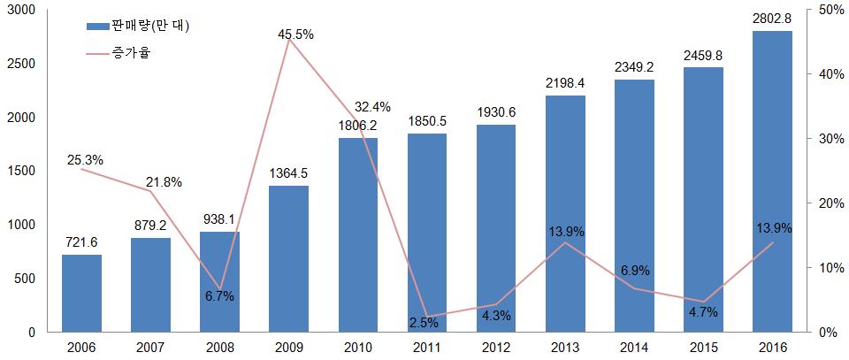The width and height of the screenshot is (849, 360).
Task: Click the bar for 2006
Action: [x=81, y=293]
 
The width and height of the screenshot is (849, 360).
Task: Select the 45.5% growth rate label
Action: [x=294, y=34]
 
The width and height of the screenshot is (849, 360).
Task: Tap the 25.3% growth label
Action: [x=85, y=160]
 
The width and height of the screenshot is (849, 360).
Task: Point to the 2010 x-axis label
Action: [x=358, y=348]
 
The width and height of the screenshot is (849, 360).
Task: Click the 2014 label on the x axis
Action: [x=635, y=348]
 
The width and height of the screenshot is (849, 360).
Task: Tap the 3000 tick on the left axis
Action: [x=20, y=10]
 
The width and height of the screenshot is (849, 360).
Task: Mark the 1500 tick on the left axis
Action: [x=20, y=171]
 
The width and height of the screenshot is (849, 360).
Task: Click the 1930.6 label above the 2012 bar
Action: [x=497, y=112]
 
